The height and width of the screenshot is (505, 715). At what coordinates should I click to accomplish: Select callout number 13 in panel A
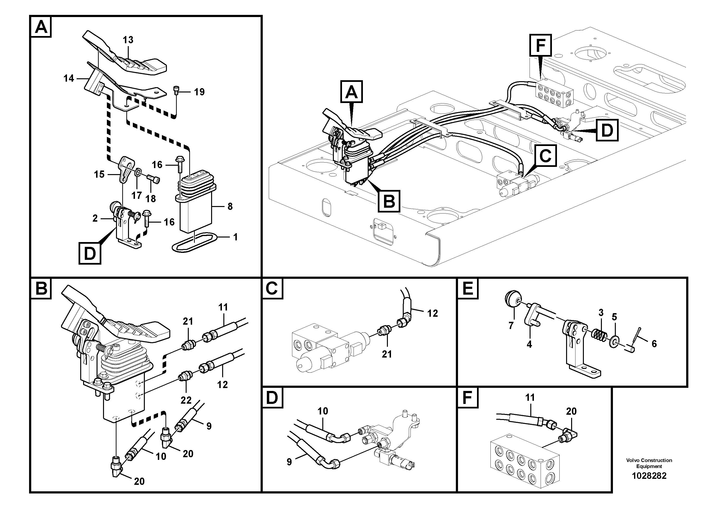[128, 40]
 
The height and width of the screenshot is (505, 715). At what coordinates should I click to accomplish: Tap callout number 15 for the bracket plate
[99, 174]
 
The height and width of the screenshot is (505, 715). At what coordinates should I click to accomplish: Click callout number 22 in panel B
[186, 400]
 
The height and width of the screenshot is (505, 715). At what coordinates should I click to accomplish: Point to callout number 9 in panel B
[209, 426]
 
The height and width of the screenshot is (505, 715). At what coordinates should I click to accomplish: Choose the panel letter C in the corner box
[272, 288]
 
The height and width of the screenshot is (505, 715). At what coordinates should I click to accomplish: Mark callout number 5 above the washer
[614, 317]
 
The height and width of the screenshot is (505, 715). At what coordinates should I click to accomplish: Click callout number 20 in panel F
[571, 411]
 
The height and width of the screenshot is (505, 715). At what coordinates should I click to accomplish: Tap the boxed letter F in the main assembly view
[541, 45]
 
